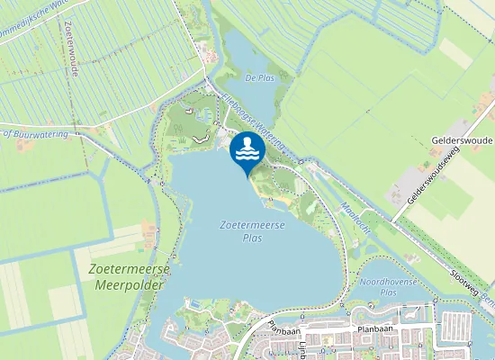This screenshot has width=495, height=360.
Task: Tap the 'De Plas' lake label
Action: (259, 77)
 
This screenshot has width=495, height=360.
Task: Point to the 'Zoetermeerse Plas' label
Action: (252, 232)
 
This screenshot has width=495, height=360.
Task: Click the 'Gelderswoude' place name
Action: (463, 142)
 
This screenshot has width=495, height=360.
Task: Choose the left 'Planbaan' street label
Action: (282, 329)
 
